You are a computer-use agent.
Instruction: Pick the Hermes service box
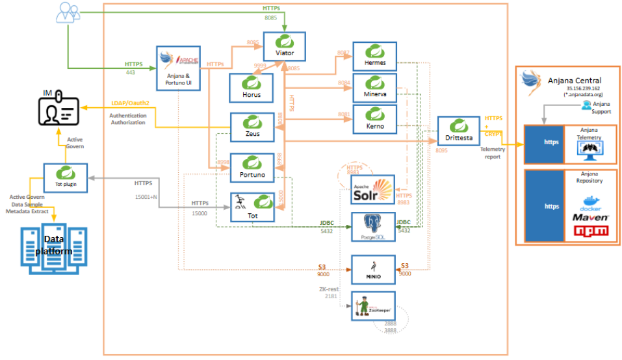375,57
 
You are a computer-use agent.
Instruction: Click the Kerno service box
375,119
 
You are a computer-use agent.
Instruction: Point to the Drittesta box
458,133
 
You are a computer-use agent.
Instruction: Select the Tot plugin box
66,177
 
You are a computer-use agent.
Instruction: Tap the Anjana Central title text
574,80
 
